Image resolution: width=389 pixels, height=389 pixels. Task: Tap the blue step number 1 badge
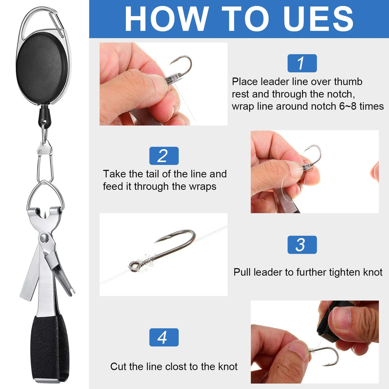pos(302,63)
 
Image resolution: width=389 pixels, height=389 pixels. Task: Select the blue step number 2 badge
pos(164,156)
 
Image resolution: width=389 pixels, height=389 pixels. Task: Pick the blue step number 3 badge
pos(302,245)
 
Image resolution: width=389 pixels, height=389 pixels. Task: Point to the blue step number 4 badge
pos(164,337)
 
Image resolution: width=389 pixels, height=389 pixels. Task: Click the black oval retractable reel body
pos(42,68)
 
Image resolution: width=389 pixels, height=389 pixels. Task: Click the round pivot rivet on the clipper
pos(44,238)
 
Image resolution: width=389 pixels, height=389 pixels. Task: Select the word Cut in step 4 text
pos(119,366)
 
